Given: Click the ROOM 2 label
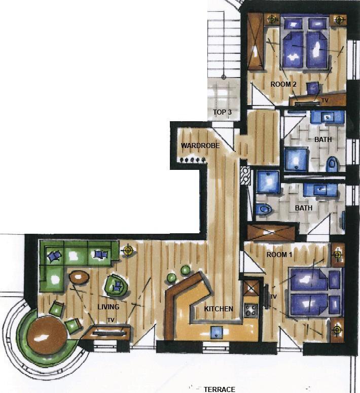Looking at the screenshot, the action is tap(283, 84).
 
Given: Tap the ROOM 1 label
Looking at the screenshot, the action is tap(279, 255).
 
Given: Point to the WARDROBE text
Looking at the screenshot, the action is tap(200, 146).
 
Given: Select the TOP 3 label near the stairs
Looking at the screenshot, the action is tap(223, 112).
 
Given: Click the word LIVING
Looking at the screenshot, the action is tap(109, 307).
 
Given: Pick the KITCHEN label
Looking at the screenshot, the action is tap(219, 309).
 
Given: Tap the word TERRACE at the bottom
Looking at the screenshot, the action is tap(220, 389).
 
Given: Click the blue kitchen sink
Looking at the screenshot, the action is tap(217, 333).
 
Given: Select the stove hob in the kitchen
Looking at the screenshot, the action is tap(251, 310).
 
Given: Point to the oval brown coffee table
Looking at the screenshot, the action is tap(79, 277).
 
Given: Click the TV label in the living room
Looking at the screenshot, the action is tap(111, 320).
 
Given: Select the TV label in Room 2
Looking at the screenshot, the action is tap(325, 100).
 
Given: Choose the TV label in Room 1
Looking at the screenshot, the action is tap(273, 297).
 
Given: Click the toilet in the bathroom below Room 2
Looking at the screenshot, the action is tap(332, 164).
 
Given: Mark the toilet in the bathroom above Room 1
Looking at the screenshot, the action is tap(264, 209).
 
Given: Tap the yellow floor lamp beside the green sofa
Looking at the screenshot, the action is tap(129, 251).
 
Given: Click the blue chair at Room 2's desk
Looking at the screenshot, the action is tap(313, 88).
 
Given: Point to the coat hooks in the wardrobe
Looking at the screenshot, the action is tap(192, 160).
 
